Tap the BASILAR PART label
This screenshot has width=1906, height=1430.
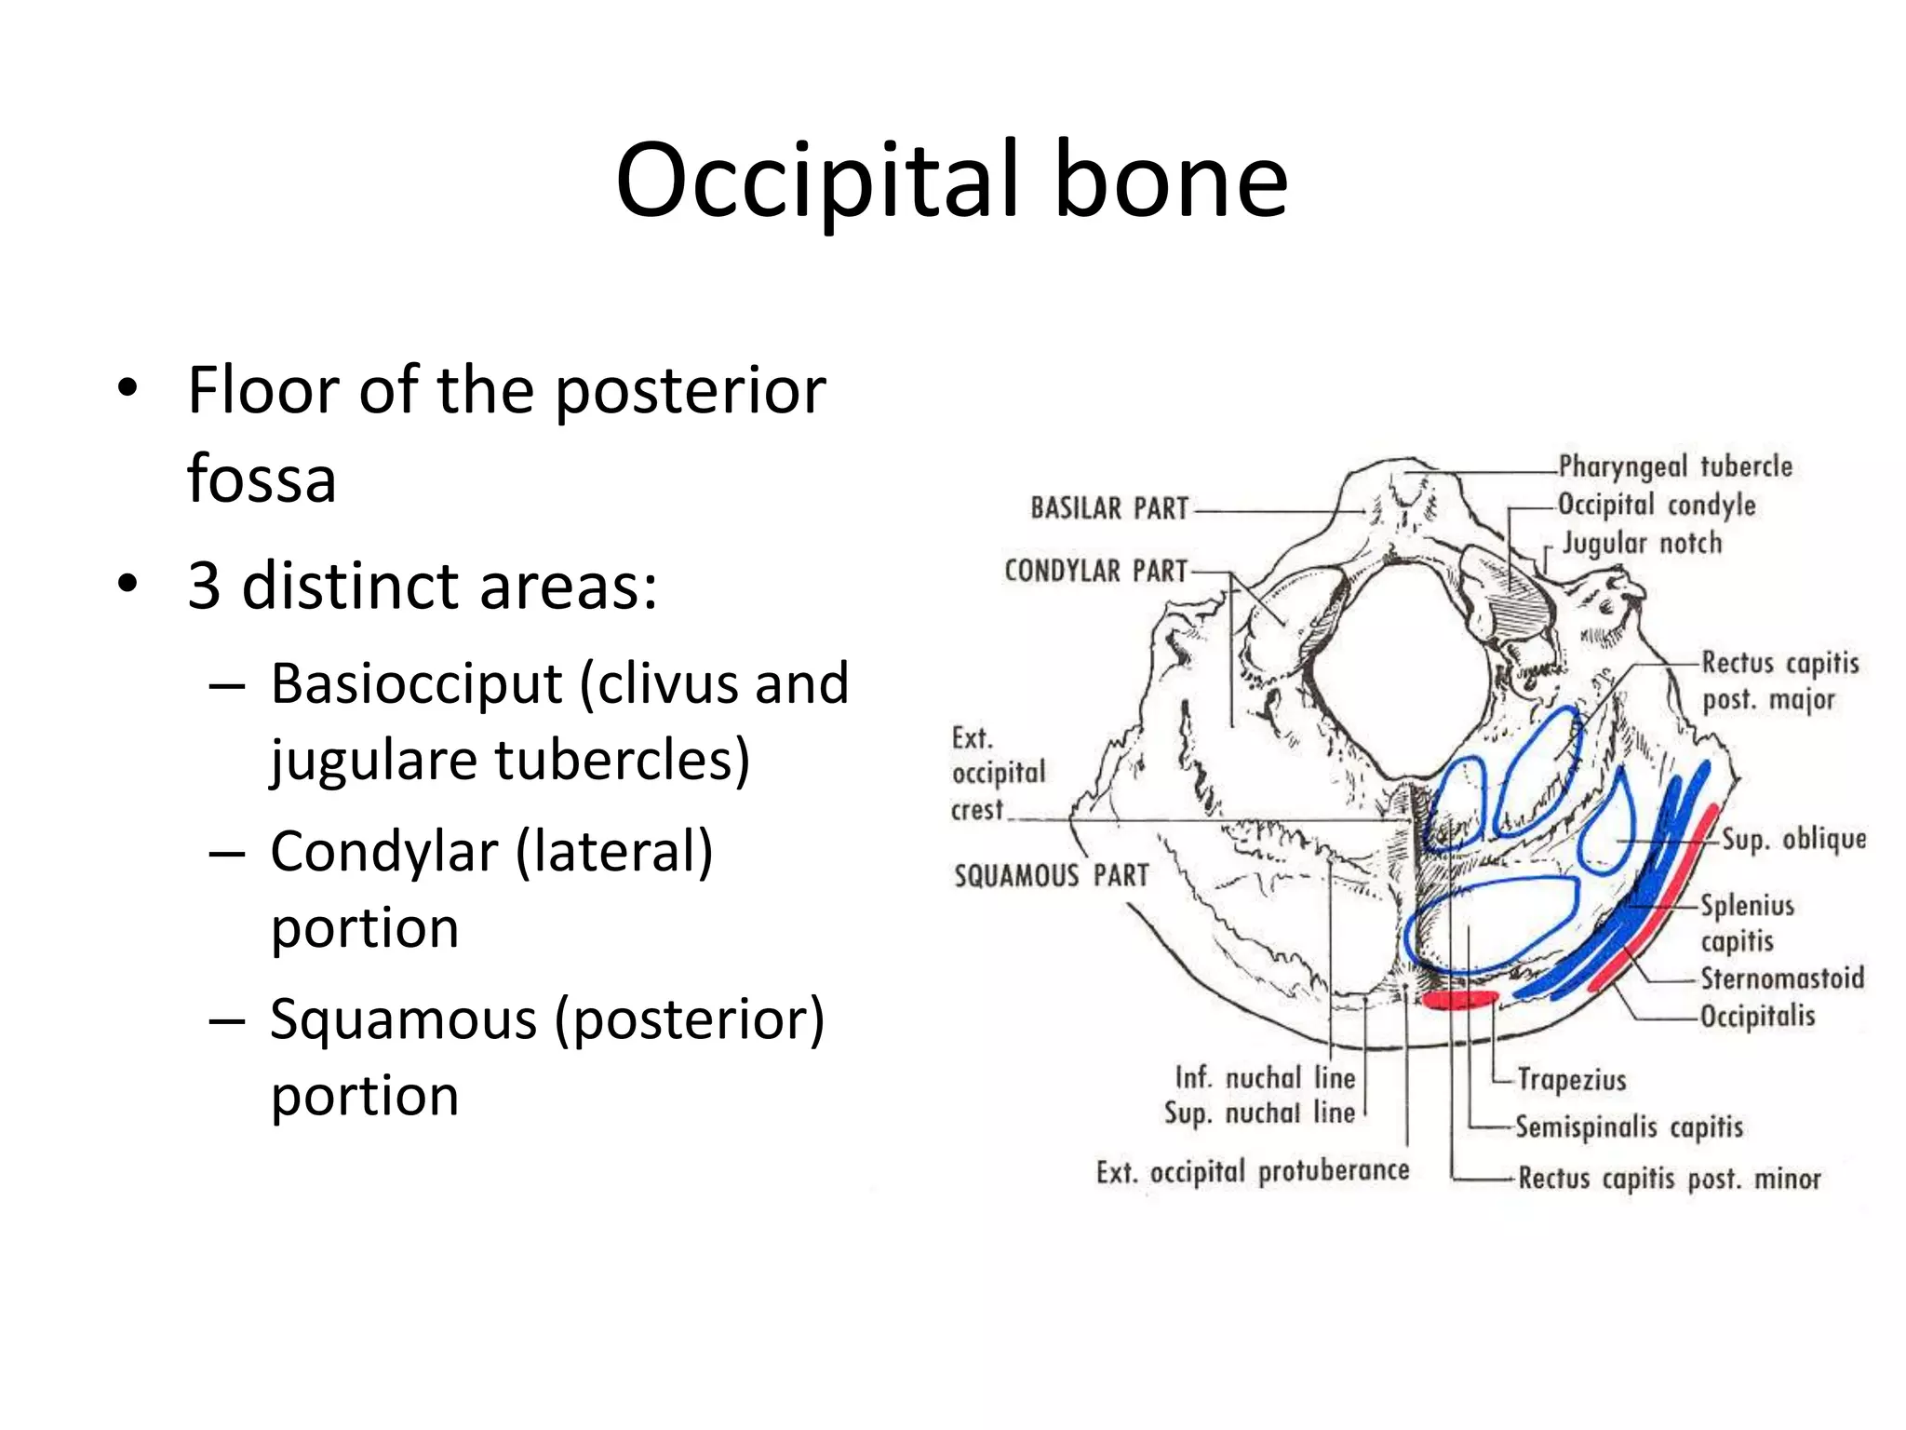click(1109, 508)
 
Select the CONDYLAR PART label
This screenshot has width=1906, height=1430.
click(1095, 570)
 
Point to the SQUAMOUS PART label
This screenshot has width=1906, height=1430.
click(1052, 875)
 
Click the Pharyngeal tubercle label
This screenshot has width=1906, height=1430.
click(1675, 465)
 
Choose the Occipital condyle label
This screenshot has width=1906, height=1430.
click(1657, 505)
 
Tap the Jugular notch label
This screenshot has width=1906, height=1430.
click(1642, 543)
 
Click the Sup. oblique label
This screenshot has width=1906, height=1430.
click(1793, 839)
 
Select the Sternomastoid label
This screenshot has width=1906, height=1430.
click(1782, 978)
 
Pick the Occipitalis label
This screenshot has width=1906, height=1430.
click(1757, 1015)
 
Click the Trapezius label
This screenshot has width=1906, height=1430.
click(1572, 1079)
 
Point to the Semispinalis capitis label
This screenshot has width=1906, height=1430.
click(1629, 1126)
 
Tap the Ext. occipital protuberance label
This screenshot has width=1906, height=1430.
click(1253, 1171)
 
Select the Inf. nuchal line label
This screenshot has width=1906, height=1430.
click(1265, 1077)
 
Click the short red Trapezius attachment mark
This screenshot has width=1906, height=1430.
click(1460, 1000)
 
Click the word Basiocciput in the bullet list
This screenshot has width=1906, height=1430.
click(416, 684)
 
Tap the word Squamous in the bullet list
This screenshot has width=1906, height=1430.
click(403, 1019)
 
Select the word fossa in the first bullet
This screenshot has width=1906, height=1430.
click(262, 479)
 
